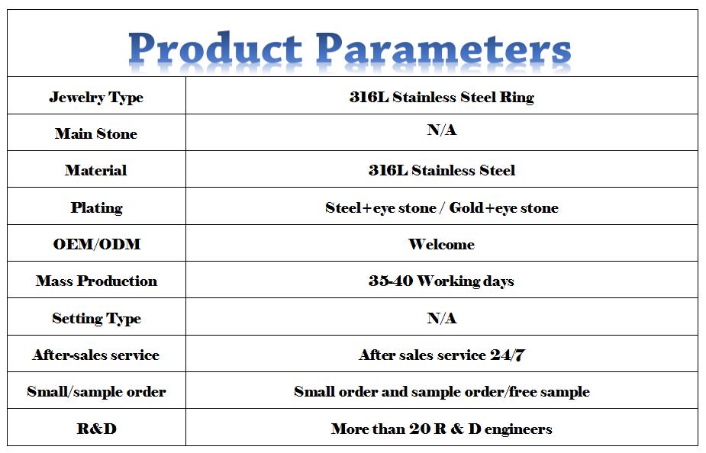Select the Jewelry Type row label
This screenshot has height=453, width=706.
[96, 98]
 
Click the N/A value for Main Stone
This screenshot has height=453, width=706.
[442, 130]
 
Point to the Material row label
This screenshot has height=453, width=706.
[96, 170]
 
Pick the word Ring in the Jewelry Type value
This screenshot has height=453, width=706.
[516, 98]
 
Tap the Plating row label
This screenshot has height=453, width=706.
[96, 208]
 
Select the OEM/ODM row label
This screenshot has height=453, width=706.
[97, 244]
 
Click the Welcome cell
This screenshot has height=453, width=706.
[441, 244]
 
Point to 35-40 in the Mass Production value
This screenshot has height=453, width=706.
[391, 281]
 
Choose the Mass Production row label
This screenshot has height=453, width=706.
[96, 281]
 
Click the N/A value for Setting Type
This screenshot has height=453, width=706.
[442, 318]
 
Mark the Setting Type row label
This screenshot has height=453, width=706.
[96, 319]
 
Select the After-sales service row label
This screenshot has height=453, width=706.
[96, 355]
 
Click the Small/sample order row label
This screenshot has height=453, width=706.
[96, 392]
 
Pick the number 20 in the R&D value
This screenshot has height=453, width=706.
[420, 429]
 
